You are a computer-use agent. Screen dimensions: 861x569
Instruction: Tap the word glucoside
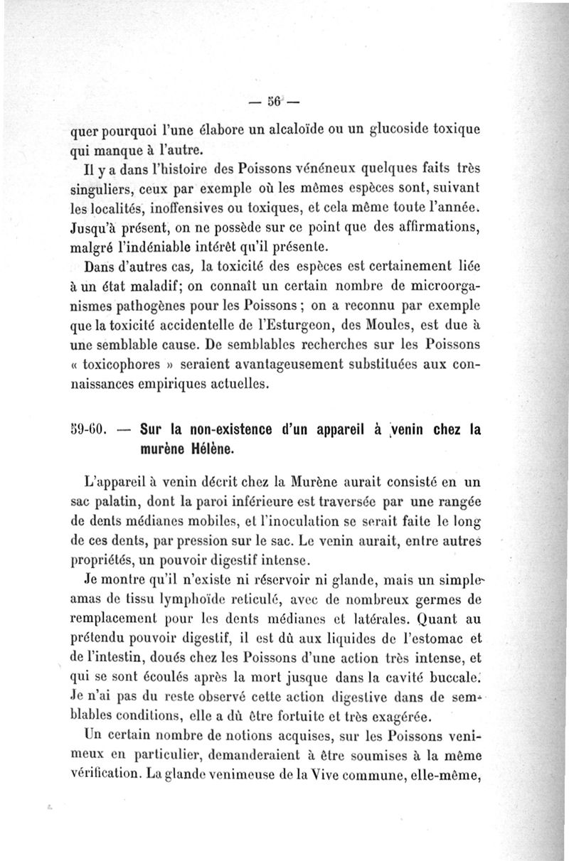pos(400,131)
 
